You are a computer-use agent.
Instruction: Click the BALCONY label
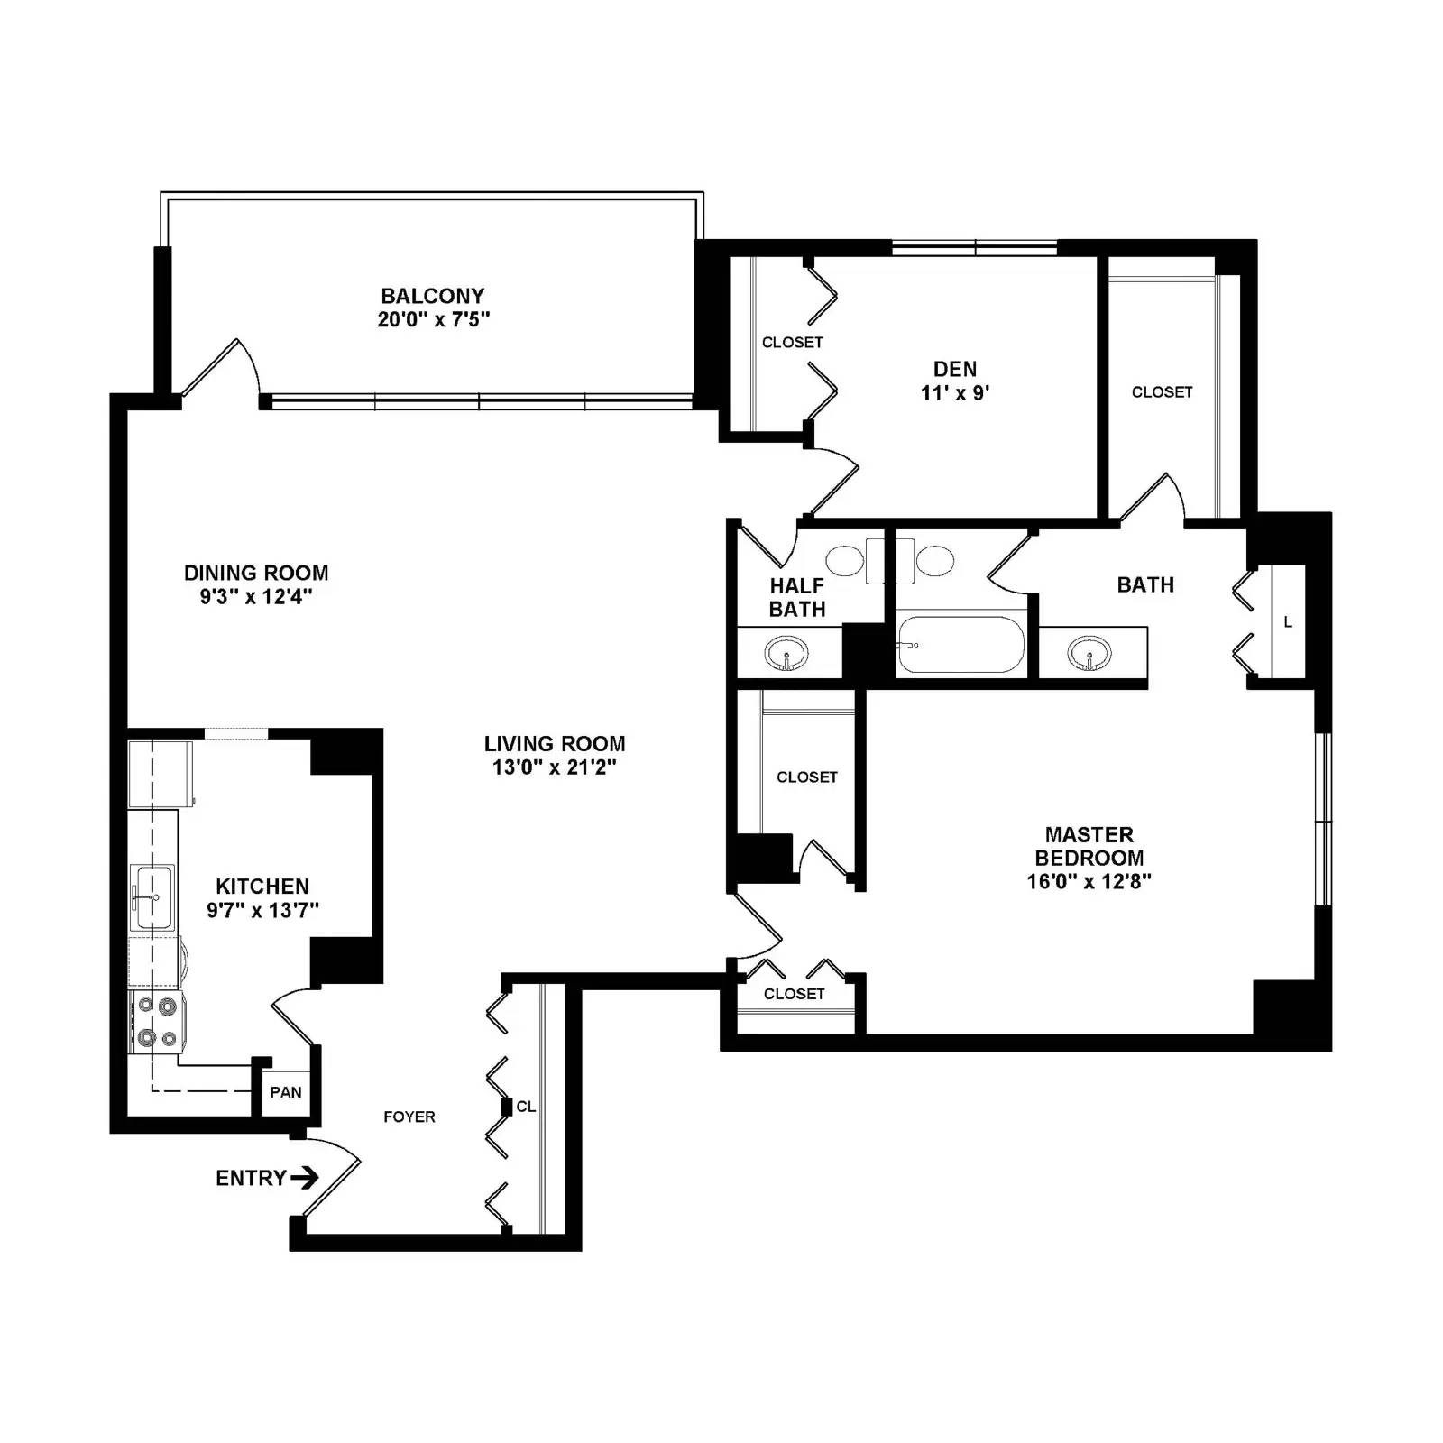[432, 296]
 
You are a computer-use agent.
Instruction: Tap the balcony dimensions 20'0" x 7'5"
[433, 319]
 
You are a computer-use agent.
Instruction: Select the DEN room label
[954, 369]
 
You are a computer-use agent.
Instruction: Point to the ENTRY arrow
[305, 1178]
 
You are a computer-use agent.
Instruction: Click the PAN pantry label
[286, 1092]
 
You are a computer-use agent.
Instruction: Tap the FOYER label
[409, 1117]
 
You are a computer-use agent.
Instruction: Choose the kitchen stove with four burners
[157, 1021]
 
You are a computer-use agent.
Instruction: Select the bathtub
[960, 645]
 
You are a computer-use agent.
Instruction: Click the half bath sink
[786, 653]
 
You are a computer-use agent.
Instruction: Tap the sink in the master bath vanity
[1089, 653]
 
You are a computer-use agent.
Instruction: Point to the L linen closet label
[1288, 621]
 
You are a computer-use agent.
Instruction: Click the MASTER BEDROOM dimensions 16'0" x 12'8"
[1089, 881]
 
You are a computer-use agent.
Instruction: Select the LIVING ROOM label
[554, 744]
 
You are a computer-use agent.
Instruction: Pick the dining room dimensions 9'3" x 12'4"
[256, 596]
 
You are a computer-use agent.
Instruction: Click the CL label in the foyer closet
[526, 1107]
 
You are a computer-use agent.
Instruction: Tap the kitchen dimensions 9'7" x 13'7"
[262, 910]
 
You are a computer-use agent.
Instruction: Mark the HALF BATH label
[797, 597]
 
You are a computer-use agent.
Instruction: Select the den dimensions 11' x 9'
[954, 393]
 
